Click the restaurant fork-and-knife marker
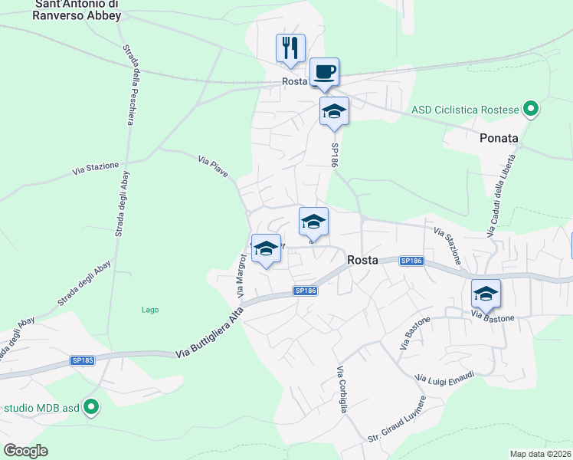(291, 48)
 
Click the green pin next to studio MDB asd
(91, 407)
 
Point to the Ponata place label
(499, 139)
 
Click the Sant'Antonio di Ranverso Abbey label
(77, 10)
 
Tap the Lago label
(150, 310)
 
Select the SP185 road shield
(83, 360)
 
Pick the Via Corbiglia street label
(342, 389)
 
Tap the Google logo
(26, 451)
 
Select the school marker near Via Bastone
(486, 294)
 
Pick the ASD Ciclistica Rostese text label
(465, 110)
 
